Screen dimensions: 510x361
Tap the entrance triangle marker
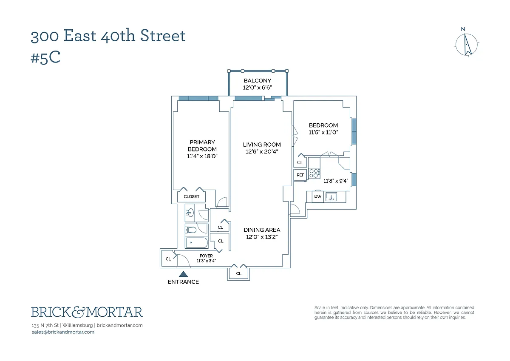[183, 275]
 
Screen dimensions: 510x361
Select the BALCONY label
[257, 80]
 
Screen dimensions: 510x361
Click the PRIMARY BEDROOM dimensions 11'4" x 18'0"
[202, 156]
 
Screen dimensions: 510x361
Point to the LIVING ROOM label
[262, 145]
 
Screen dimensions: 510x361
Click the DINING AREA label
[262, 230]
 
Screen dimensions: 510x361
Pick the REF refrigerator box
[300, 175]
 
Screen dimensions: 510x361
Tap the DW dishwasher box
[318, 196]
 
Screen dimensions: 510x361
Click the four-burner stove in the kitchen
[314, 173]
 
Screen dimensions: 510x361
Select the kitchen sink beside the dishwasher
[331, 196]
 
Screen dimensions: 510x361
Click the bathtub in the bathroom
[197, 243]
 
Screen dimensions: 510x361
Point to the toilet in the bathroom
[191, 230]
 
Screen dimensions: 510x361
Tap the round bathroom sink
[190, 213]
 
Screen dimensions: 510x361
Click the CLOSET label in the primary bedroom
[191, 197]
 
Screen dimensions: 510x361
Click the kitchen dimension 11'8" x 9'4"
[336, 181]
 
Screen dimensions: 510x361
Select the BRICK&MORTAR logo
[87, 312]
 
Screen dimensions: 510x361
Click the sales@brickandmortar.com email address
[63, 332]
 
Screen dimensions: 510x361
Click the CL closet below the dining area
[239, 273]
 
